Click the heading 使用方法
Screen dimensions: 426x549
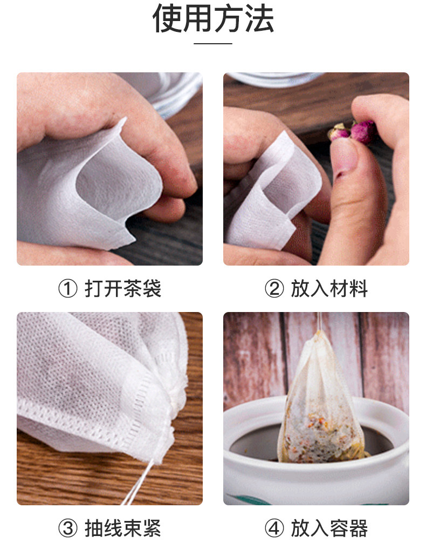point(213,18)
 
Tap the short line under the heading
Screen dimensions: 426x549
point(213,44)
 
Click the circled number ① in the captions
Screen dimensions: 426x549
point(67,289)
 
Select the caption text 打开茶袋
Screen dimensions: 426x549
point(123,289)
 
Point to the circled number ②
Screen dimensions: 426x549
point(274,289)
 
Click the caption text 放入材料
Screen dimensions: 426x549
point(329,289)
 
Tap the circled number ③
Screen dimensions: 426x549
point(67,528)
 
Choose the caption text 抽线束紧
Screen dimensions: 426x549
point(123,528)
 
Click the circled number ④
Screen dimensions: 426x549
point(274,528)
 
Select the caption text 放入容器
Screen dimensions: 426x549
point(329,528)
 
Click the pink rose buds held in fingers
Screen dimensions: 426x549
point(353,132)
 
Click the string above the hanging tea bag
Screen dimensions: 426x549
point(319,321)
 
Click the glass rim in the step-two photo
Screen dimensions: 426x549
point(276,79)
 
